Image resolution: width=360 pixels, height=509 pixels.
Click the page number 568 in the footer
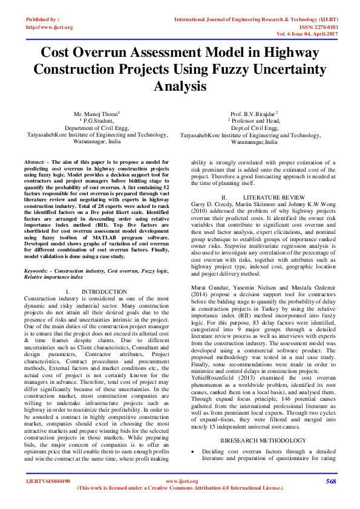pos(330,481)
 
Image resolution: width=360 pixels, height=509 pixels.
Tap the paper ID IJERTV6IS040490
pos(48,481)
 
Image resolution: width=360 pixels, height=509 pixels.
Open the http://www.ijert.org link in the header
pos(49,27)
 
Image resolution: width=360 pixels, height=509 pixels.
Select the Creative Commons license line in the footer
pos(180,488)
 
